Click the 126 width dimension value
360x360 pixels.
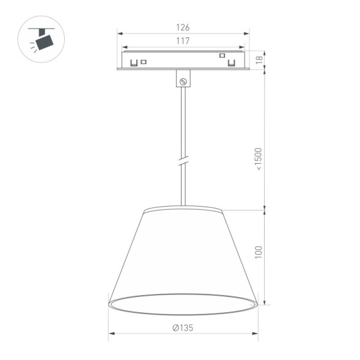[x=183, y=28]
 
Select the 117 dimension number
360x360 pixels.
[x=183, y=41]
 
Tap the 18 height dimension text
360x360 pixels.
[x=259, y=59]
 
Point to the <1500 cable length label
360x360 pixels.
[x=259, y=159]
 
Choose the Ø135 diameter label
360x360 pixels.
[x=183, y=328]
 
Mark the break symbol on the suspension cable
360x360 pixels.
[x=183, y=162]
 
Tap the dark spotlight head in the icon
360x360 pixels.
[x=44, y=42]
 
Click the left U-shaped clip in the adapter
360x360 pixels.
[x=133, y=62]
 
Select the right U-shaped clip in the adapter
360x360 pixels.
[x=232, y=62]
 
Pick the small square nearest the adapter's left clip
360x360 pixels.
[x=144, y=61]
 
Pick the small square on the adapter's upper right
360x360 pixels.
[x=222, y=56]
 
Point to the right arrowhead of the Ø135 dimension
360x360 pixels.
[x=255, y=334]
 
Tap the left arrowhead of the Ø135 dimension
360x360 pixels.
[x=111, y=334]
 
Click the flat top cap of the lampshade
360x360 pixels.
[x=183, y=210]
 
